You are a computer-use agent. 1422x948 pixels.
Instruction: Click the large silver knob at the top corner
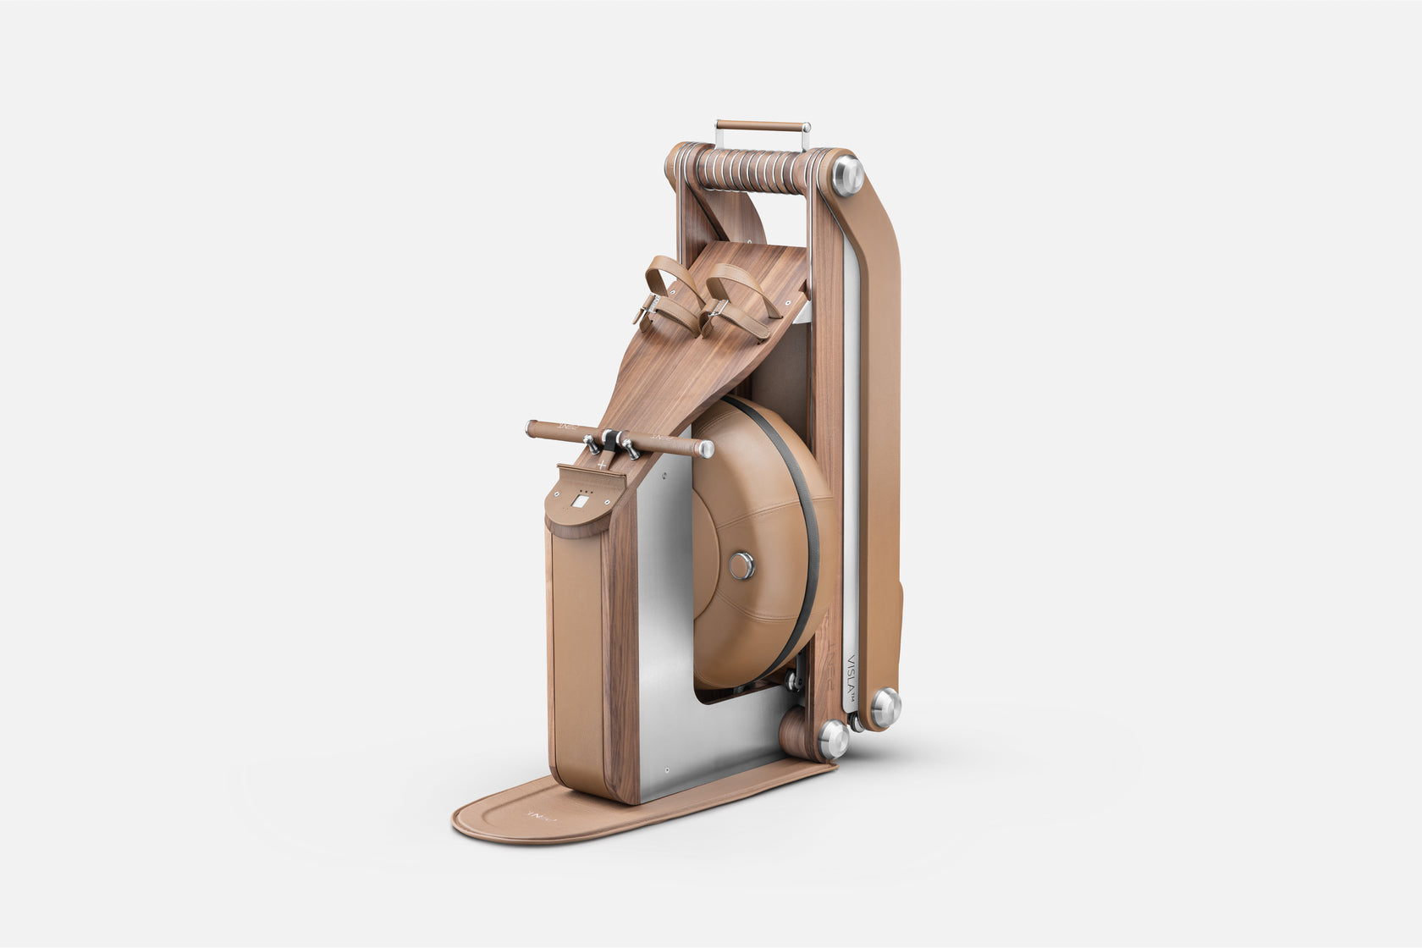846,175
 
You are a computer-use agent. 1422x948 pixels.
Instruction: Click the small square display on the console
581,501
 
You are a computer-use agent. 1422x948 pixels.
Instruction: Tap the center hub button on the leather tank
741,565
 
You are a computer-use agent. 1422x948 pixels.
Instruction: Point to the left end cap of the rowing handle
531,428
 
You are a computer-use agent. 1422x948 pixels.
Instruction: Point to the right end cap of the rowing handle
705,449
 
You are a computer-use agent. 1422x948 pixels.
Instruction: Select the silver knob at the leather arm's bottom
885,707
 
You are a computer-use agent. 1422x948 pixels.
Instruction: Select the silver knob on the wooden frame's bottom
833,738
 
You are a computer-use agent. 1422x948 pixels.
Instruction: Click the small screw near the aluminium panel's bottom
666,771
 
